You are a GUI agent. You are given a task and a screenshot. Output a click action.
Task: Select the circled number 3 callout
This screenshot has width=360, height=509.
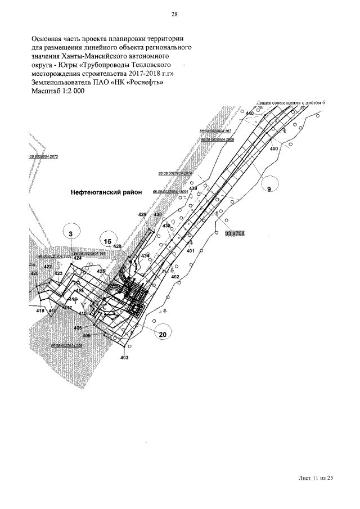pyautogui.click(x=71, y=233)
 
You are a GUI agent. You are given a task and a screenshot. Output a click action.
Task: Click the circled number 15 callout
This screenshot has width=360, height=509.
pyautogui.click(x=107, y=241)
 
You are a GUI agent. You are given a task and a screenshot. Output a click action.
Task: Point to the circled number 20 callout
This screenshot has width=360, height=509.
pyautogui.click(x=163, y=334)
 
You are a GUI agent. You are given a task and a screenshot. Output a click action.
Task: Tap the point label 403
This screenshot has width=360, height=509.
pyautogui.click(x=124, y=358)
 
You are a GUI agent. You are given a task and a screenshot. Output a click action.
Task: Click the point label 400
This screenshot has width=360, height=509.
pyautogui.click(x=274, y=149)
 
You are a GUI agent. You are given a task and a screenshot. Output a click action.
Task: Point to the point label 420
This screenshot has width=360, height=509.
pyautogui.click(x=35, y=273)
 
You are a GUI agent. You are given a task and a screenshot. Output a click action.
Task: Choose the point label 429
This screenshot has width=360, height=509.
pyautogui.click(x=142, y=215)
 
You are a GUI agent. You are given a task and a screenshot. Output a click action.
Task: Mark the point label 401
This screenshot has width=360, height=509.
pyautogui.click(x=190, y=250)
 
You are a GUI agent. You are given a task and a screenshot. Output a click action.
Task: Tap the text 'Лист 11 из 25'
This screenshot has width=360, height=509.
pyautogui.click(x=316, y=478)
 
